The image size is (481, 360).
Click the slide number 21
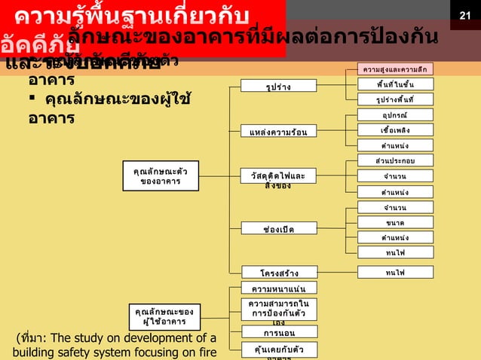click(x=465, y=15)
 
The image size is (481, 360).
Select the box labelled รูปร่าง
click(x=279, y=87)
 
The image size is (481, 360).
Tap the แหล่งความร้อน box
click(x=279, y=133)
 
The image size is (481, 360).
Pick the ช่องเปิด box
click(x=279, y=228)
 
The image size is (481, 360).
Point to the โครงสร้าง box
click(x=279, y=272)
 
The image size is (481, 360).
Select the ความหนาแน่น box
click(x=279, y=288)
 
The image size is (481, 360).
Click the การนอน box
click(x=279, y=331)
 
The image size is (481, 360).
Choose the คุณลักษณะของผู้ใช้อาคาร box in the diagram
click(x=164, y=316)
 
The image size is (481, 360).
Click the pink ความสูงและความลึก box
click(x=394, y=69)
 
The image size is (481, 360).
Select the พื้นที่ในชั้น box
click(x=394, y=84)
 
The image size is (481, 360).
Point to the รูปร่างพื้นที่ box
click(x=394, y=99)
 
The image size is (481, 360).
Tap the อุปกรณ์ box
click(x=394, y=115)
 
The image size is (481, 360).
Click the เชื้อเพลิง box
click(x=394, y=130)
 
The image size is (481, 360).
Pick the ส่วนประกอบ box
click(x=394, y=160)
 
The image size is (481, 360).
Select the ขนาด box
click(x=394, y=222)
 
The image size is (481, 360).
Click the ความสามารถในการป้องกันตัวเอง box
click(x=279, y=310)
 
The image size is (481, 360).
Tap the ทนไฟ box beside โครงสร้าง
click(x=394, y=272)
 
